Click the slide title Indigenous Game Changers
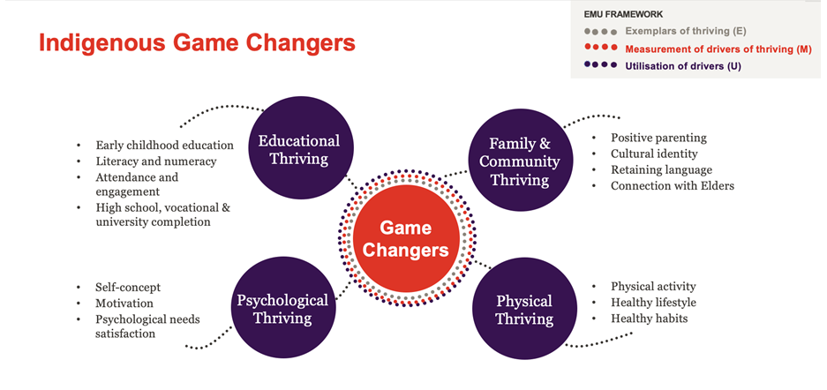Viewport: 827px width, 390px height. [x=197, y=43]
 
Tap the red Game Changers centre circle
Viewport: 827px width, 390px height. [x=406, y=238]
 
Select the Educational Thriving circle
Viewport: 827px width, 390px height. [x=298, y=147]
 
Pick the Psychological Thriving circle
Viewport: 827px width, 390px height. [x=282, y=308]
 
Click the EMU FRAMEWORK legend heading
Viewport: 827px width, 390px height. [x=623, y=15]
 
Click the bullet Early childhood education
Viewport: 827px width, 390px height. [x=164, y=145]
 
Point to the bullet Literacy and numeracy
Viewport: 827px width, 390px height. [x=156, y=161]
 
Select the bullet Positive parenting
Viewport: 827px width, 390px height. [x=658, y=138]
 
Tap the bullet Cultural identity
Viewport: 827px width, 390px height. [x=654, y=154]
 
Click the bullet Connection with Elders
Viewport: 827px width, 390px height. [x=673, y=185]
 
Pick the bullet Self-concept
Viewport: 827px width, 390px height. [x=128, y=288]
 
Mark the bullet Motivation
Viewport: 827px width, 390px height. [x=124, y=304]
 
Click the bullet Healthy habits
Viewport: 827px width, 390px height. [x=650, y=319]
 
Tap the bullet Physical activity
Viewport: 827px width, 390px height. [x=653, y=287]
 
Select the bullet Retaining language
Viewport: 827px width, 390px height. [x=661, y=169]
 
